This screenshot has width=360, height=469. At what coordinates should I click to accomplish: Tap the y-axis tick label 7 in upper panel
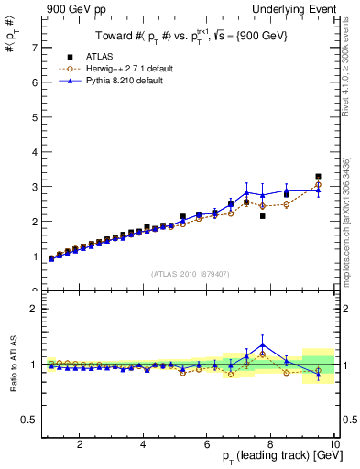(33, 48)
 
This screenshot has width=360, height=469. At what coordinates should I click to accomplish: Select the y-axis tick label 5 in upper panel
(33, 117)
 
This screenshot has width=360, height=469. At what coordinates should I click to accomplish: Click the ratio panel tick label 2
(33, 309)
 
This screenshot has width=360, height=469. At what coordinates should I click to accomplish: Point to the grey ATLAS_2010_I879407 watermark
(189, 273)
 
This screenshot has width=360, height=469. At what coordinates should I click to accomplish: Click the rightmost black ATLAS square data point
(318, 177)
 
